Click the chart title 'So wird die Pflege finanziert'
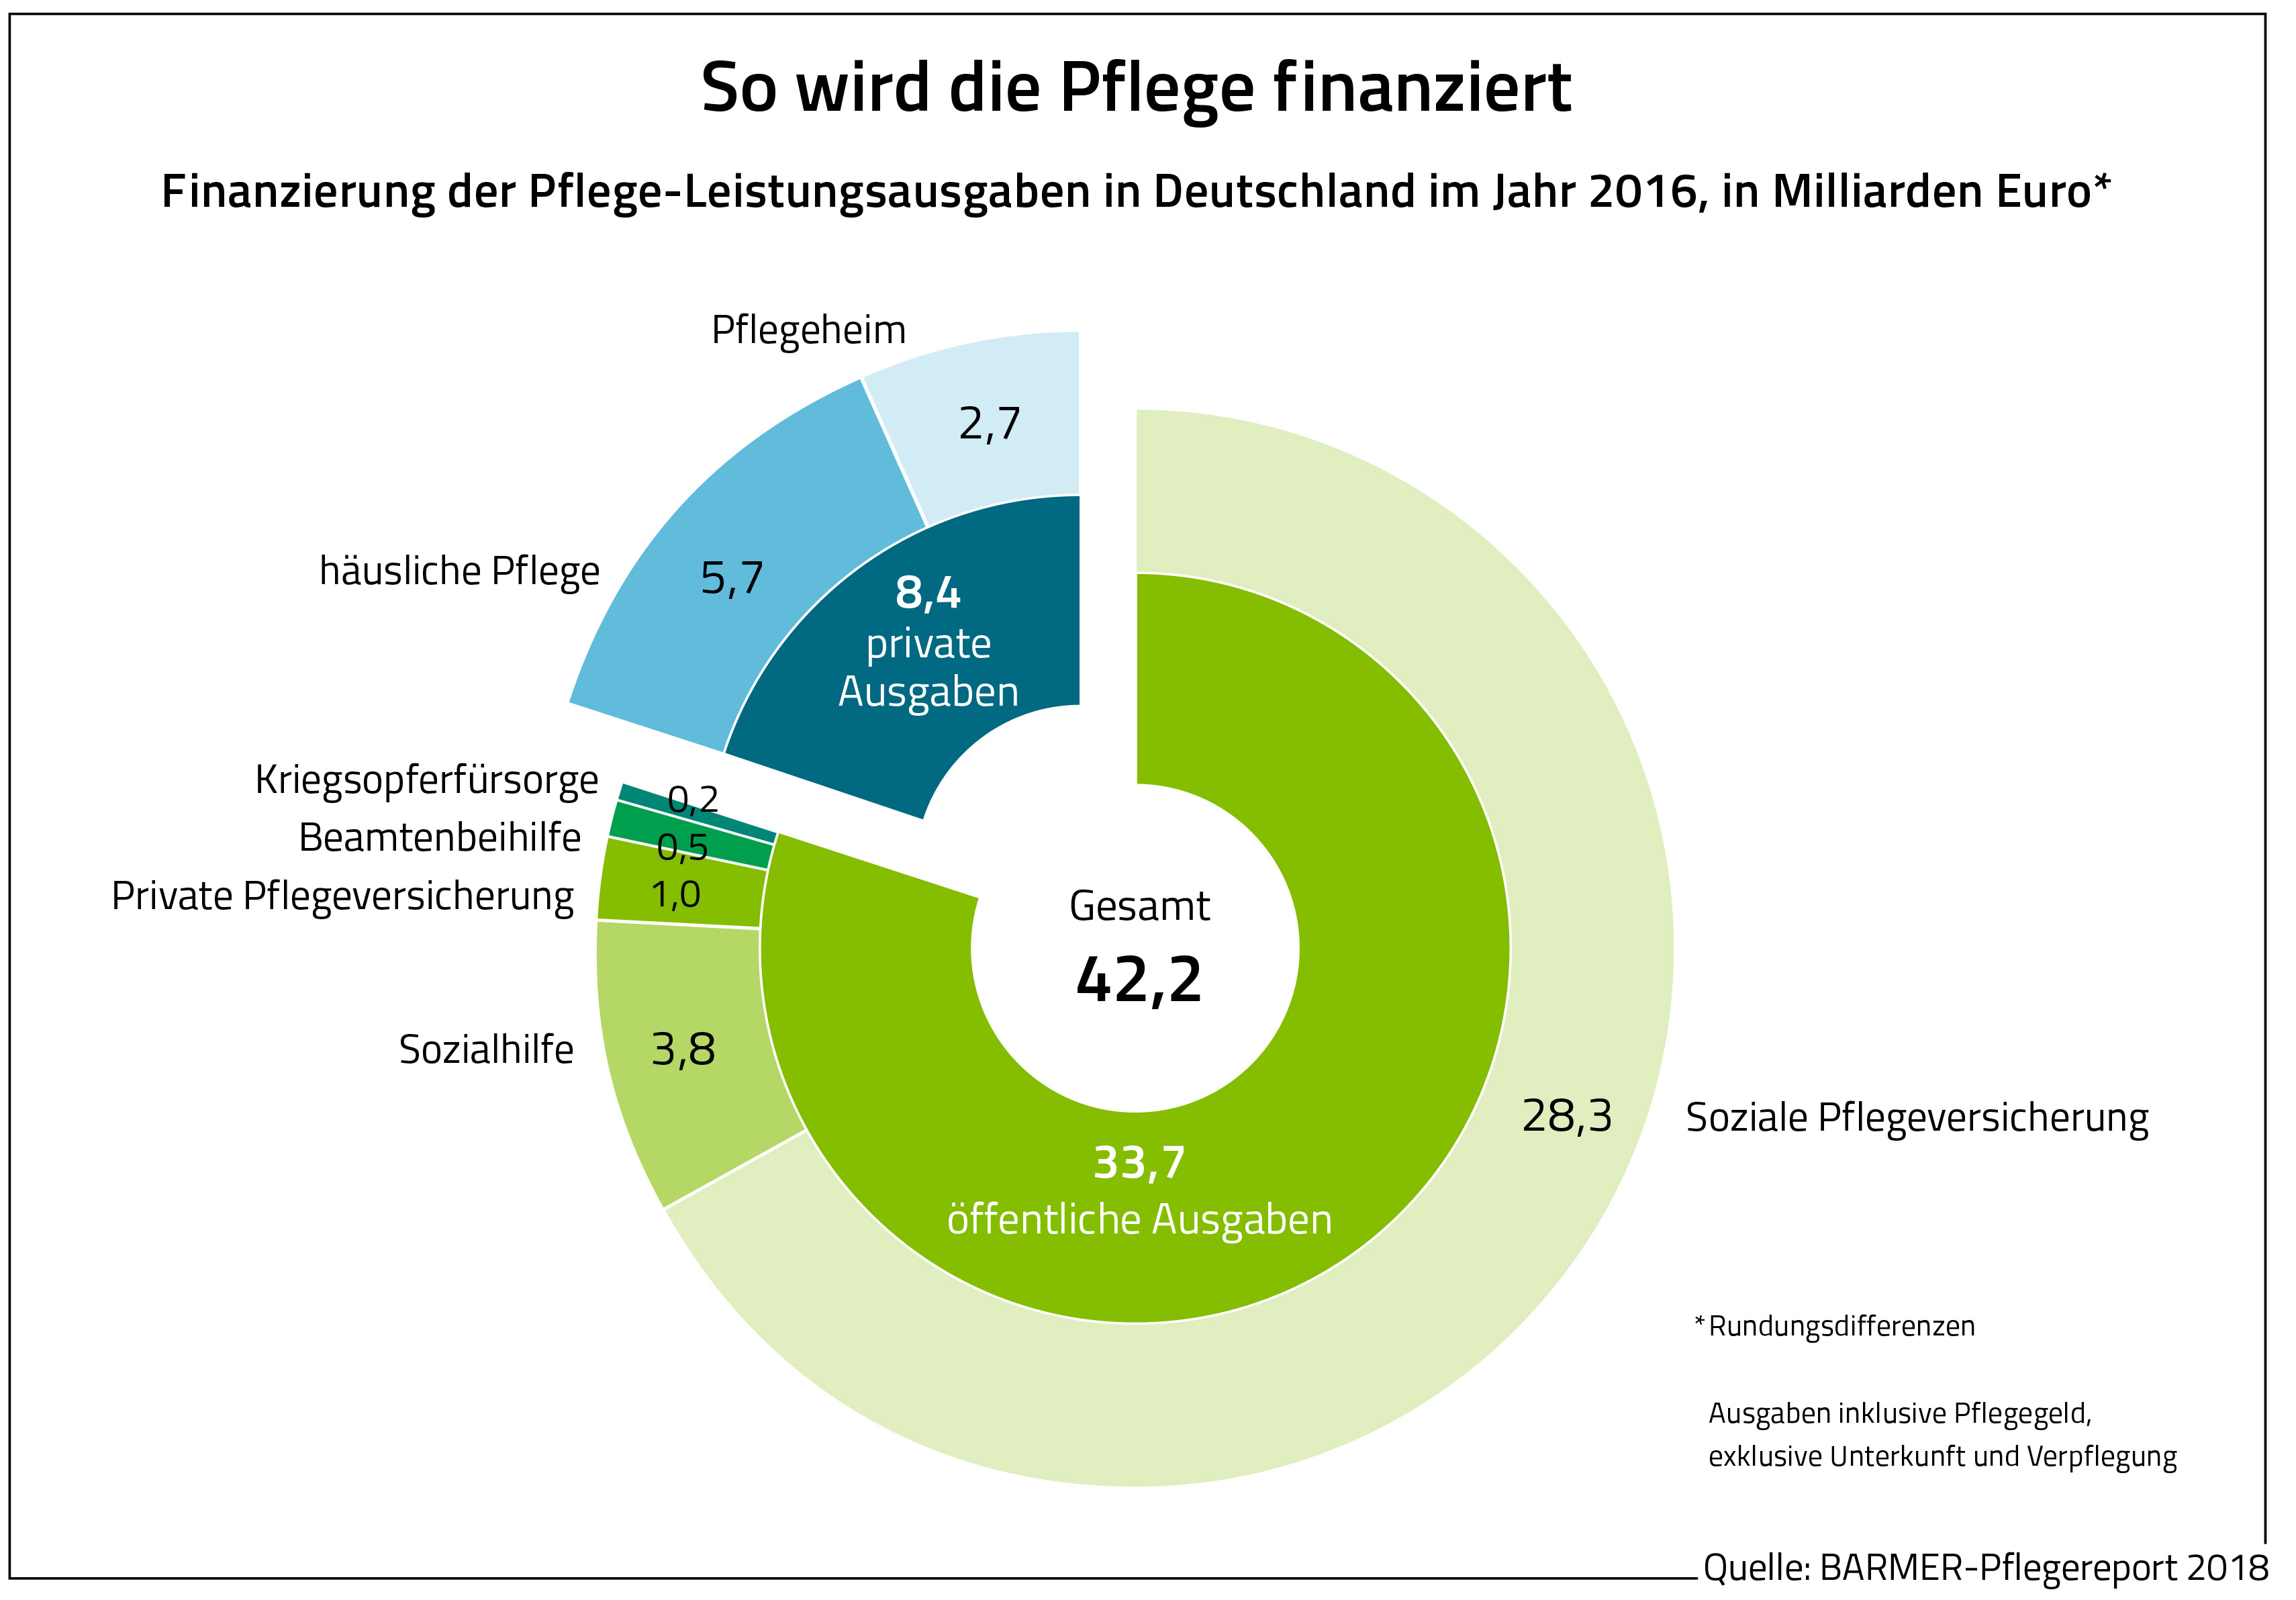coord(1135,88)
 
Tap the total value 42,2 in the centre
coord(1139,980)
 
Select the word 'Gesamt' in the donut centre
coord(1139,906)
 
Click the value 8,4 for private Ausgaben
coord(928,593)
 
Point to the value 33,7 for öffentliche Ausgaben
coord(1139,1163)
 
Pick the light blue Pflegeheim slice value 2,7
coord(989,424)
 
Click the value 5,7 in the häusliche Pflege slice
coord(732,578)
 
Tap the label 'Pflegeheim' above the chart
coord(808,330)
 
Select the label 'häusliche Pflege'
coord(459,571)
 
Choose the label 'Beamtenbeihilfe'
coord(440,838)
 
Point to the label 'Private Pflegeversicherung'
coord(343,896)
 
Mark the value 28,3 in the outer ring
coord(1567,1116)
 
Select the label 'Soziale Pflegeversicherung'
coord(1917,1118)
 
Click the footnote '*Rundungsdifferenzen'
coord(1835,1327)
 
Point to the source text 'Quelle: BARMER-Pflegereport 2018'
coord(1985,1567)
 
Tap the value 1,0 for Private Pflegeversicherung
coord(676,895)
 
